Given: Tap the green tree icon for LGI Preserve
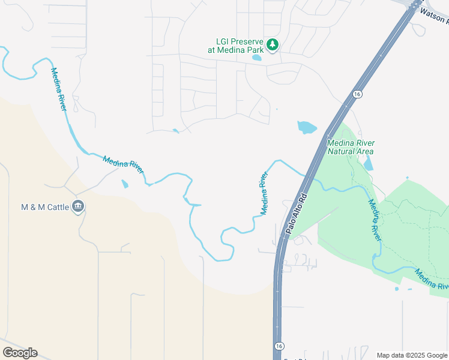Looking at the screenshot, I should pyautogui.click(x=273, y=44).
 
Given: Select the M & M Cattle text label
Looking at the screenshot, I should pyautogui.click(x=45, y=207).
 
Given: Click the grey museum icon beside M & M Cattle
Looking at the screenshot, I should pyautogui.click(x=78, y=206).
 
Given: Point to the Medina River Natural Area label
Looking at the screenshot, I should pyautogui.click(x=351, y=146).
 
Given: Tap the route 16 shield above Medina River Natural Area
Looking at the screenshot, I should pyautogui.click(x=357, y=94).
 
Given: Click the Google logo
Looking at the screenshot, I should pyautogui.click(x=20, y=353).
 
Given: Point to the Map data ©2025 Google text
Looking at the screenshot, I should pyautogui.click(x=412, y=355).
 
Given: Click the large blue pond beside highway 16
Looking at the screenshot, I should pyautogui.click(x=306, y=127).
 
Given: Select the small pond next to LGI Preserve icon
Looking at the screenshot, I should pyautogui.click(x=257, y=58).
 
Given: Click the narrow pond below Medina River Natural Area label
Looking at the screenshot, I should pyautogui.click(x=368, y=162).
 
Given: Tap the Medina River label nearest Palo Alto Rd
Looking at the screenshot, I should pyautogui.click(x=263, y=194).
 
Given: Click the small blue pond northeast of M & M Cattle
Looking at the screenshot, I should pyautogui.click(x=124, y=184).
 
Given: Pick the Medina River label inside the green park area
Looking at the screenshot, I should pyautogui.click(x=375, y=219).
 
